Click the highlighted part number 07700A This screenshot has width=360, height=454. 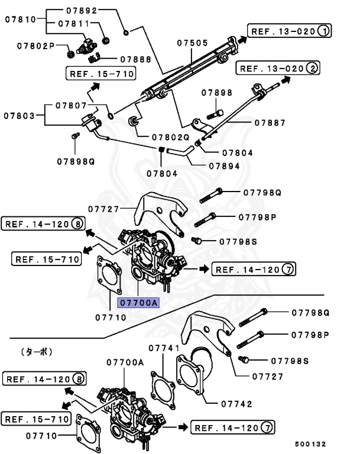click(138, 303)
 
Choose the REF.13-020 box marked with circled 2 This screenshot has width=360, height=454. click(278, 69)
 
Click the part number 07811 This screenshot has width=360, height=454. click(74, 24)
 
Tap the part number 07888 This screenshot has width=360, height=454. click(136, 60)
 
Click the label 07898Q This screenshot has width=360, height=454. click(76, 161)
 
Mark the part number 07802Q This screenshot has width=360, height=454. click(170, 136)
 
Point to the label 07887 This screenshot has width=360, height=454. click(270, 123)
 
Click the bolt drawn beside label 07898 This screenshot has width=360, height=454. click(216, 112)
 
